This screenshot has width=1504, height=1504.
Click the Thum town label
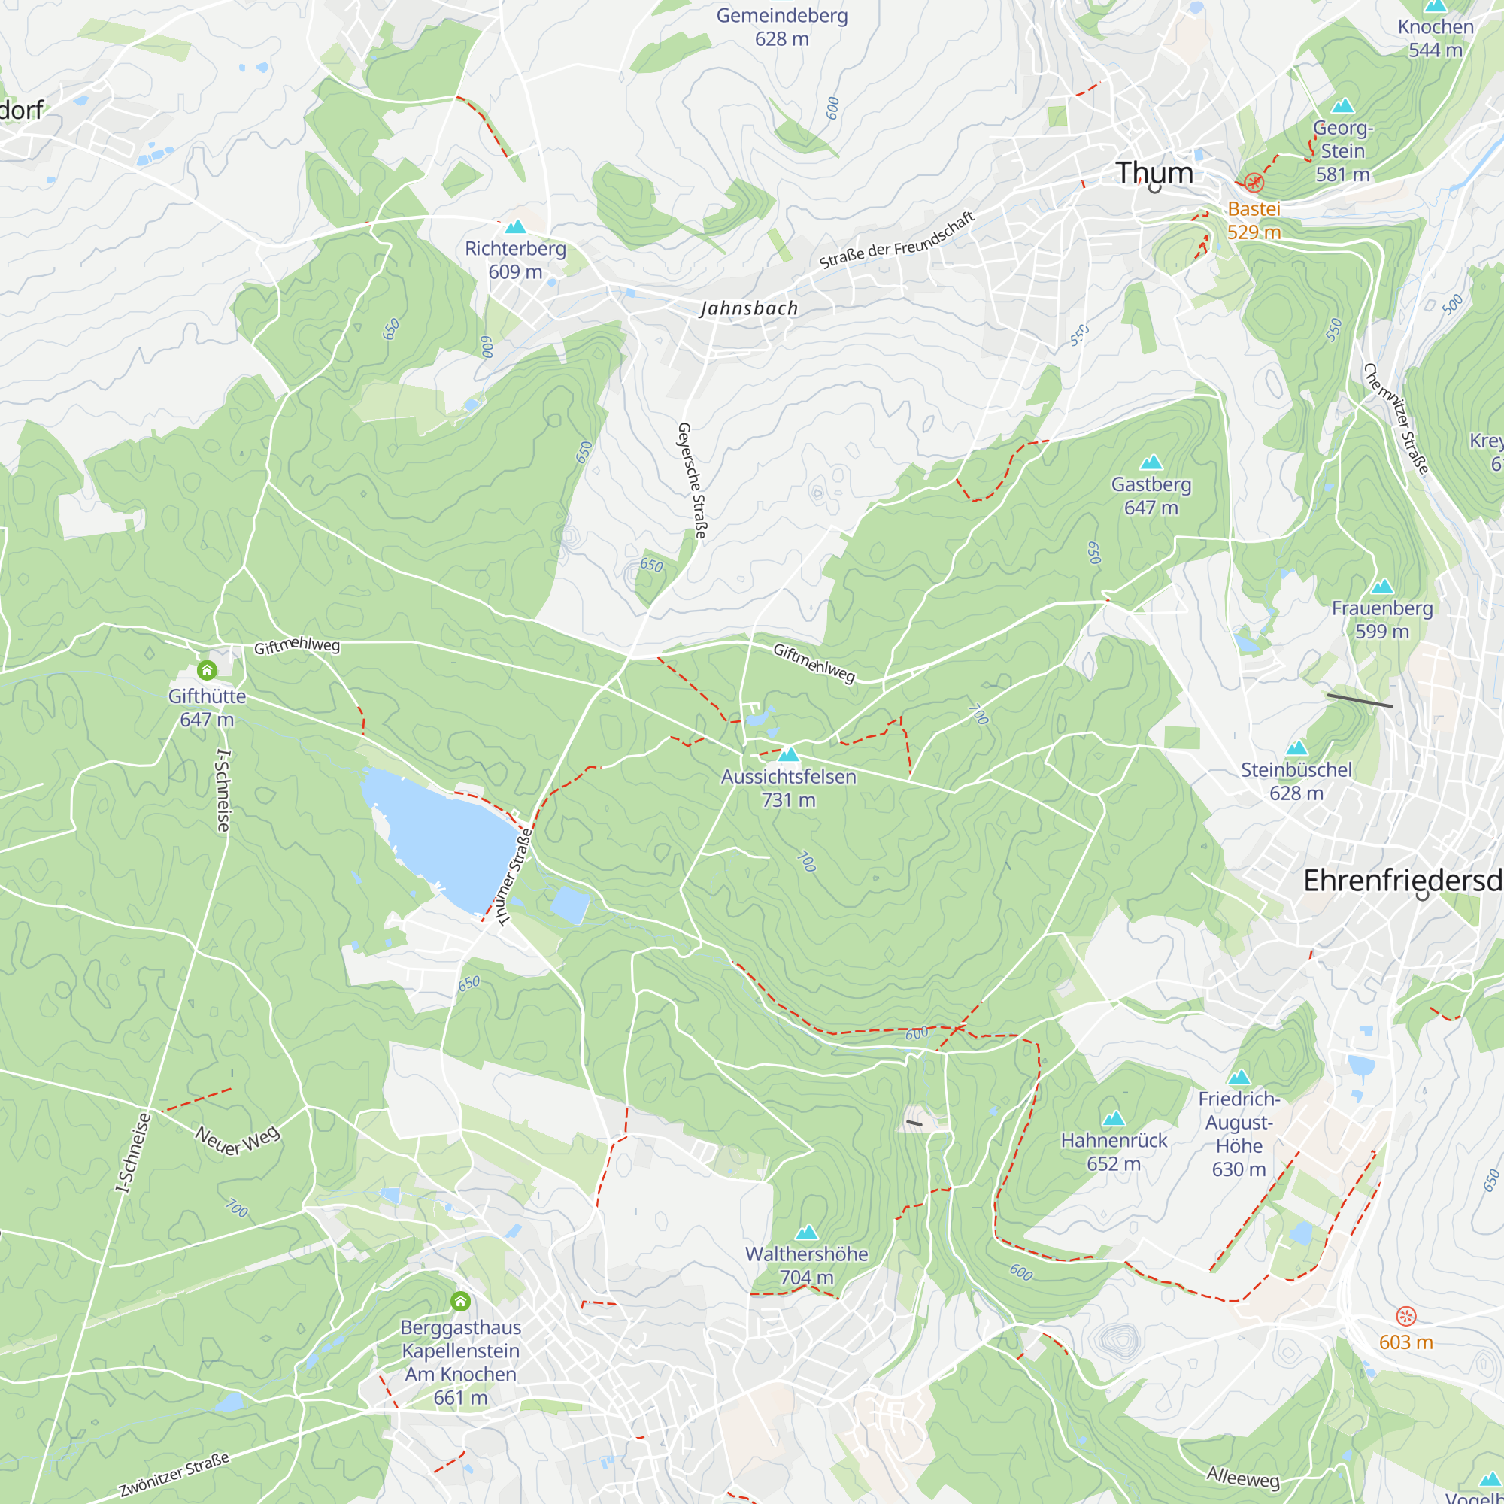(1154, 173)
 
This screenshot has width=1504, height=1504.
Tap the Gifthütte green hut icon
(206, 669)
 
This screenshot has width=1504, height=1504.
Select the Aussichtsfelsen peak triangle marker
(789, 754)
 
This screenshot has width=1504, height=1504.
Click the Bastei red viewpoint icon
(1254, 182)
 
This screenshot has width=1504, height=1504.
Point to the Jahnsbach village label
(749, 308)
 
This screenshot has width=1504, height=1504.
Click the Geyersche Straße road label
(692, 481)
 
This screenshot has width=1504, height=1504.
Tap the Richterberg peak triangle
(515, 226)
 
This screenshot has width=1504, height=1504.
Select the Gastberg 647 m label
(1151, 495)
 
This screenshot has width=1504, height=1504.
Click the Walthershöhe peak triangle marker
(806, 1232)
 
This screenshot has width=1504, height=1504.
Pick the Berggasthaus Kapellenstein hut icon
(460, 1301)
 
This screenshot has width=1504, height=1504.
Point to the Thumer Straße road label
(514, 878)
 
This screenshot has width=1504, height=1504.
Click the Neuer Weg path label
(238, 1141)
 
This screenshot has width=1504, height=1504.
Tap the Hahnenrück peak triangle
(1114, 1118)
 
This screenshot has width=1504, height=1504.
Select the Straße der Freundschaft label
(897, 240)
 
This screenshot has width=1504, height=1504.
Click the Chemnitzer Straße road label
(1396, 419)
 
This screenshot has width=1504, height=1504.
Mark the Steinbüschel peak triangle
(1296, 748)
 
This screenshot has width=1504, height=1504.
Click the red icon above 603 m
(1406, 1315)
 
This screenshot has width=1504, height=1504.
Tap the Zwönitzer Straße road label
(174, 1474)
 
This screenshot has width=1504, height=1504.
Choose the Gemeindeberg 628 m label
(781, 27)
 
